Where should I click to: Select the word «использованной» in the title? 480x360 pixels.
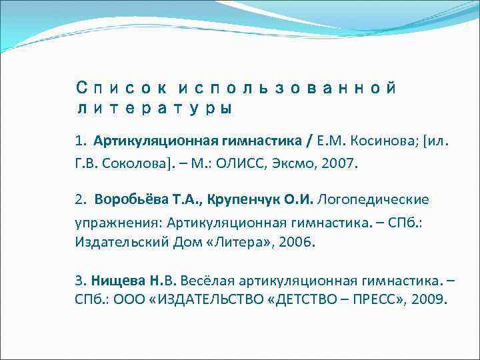[287, 88]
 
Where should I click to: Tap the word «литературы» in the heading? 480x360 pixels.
[153, 108]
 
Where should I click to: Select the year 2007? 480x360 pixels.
[339, 163]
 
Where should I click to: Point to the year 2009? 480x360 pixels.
[427, 299]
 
